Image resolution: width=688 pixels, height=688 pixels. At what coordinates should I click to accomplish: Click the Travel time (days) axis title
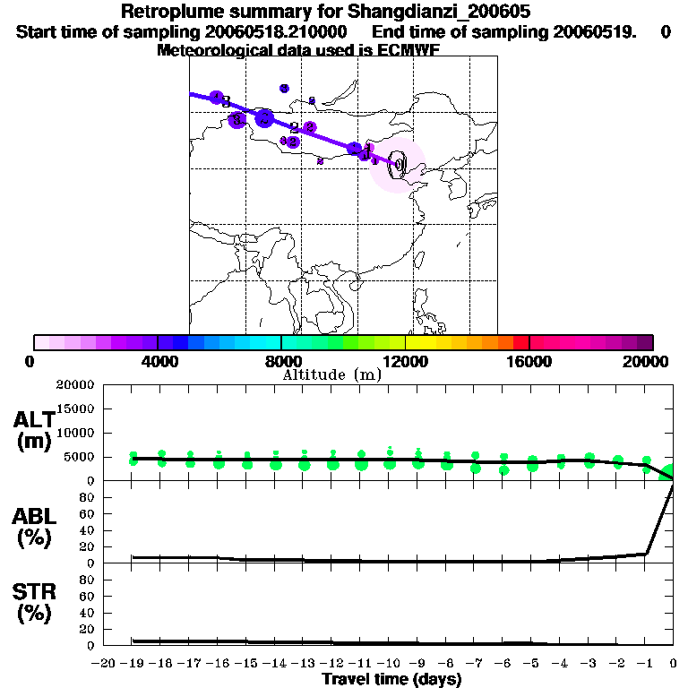click(391, 680)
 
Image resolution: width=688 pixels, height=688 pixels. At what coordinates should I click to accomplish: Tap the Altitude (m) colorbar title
click(331, 375)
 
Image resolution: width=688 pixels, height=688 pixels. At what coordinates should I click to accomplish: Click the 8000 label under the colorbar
click(281, 361)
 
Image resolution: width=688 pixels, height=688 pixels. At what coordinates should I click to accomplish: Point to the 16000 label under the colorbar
click(529, 361)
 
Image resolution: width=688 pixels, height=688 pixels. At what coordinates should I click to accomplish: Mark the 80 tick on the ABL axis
click(86, 497)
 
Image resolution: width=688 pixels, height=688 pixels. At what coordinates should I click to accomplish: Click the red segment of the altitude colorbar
click(520, 342)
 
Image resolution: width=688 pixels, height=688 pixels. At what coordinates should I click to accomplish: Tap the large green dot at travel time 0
click(670, 472)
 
